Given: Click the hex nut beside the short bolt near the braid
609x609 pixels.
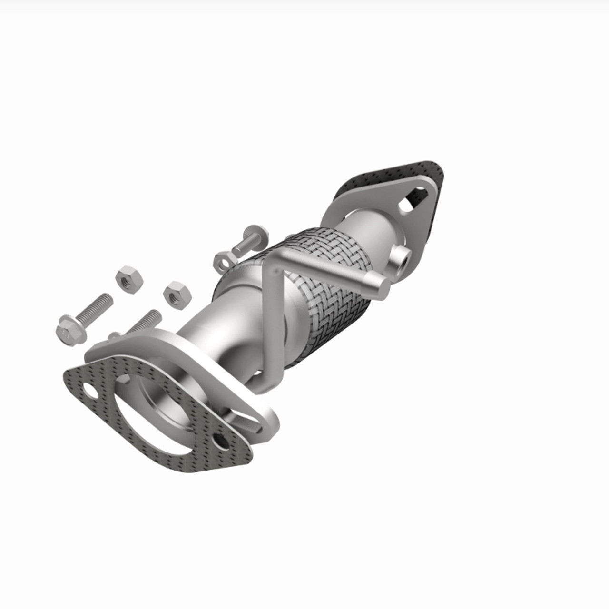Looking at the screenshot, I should [x=223, y=261].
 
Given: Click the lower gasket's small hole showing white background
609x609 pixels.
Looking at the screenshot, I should [x=89, y=391].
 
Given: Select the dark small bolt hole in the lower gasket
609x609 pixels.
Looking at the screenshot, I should [x=220, y=441].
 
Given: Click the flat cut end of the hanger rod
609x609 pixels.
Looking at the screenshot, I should [x=382, y=289].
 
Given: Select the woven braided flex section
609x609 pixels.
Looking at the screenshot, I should [x=328, y=285].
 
